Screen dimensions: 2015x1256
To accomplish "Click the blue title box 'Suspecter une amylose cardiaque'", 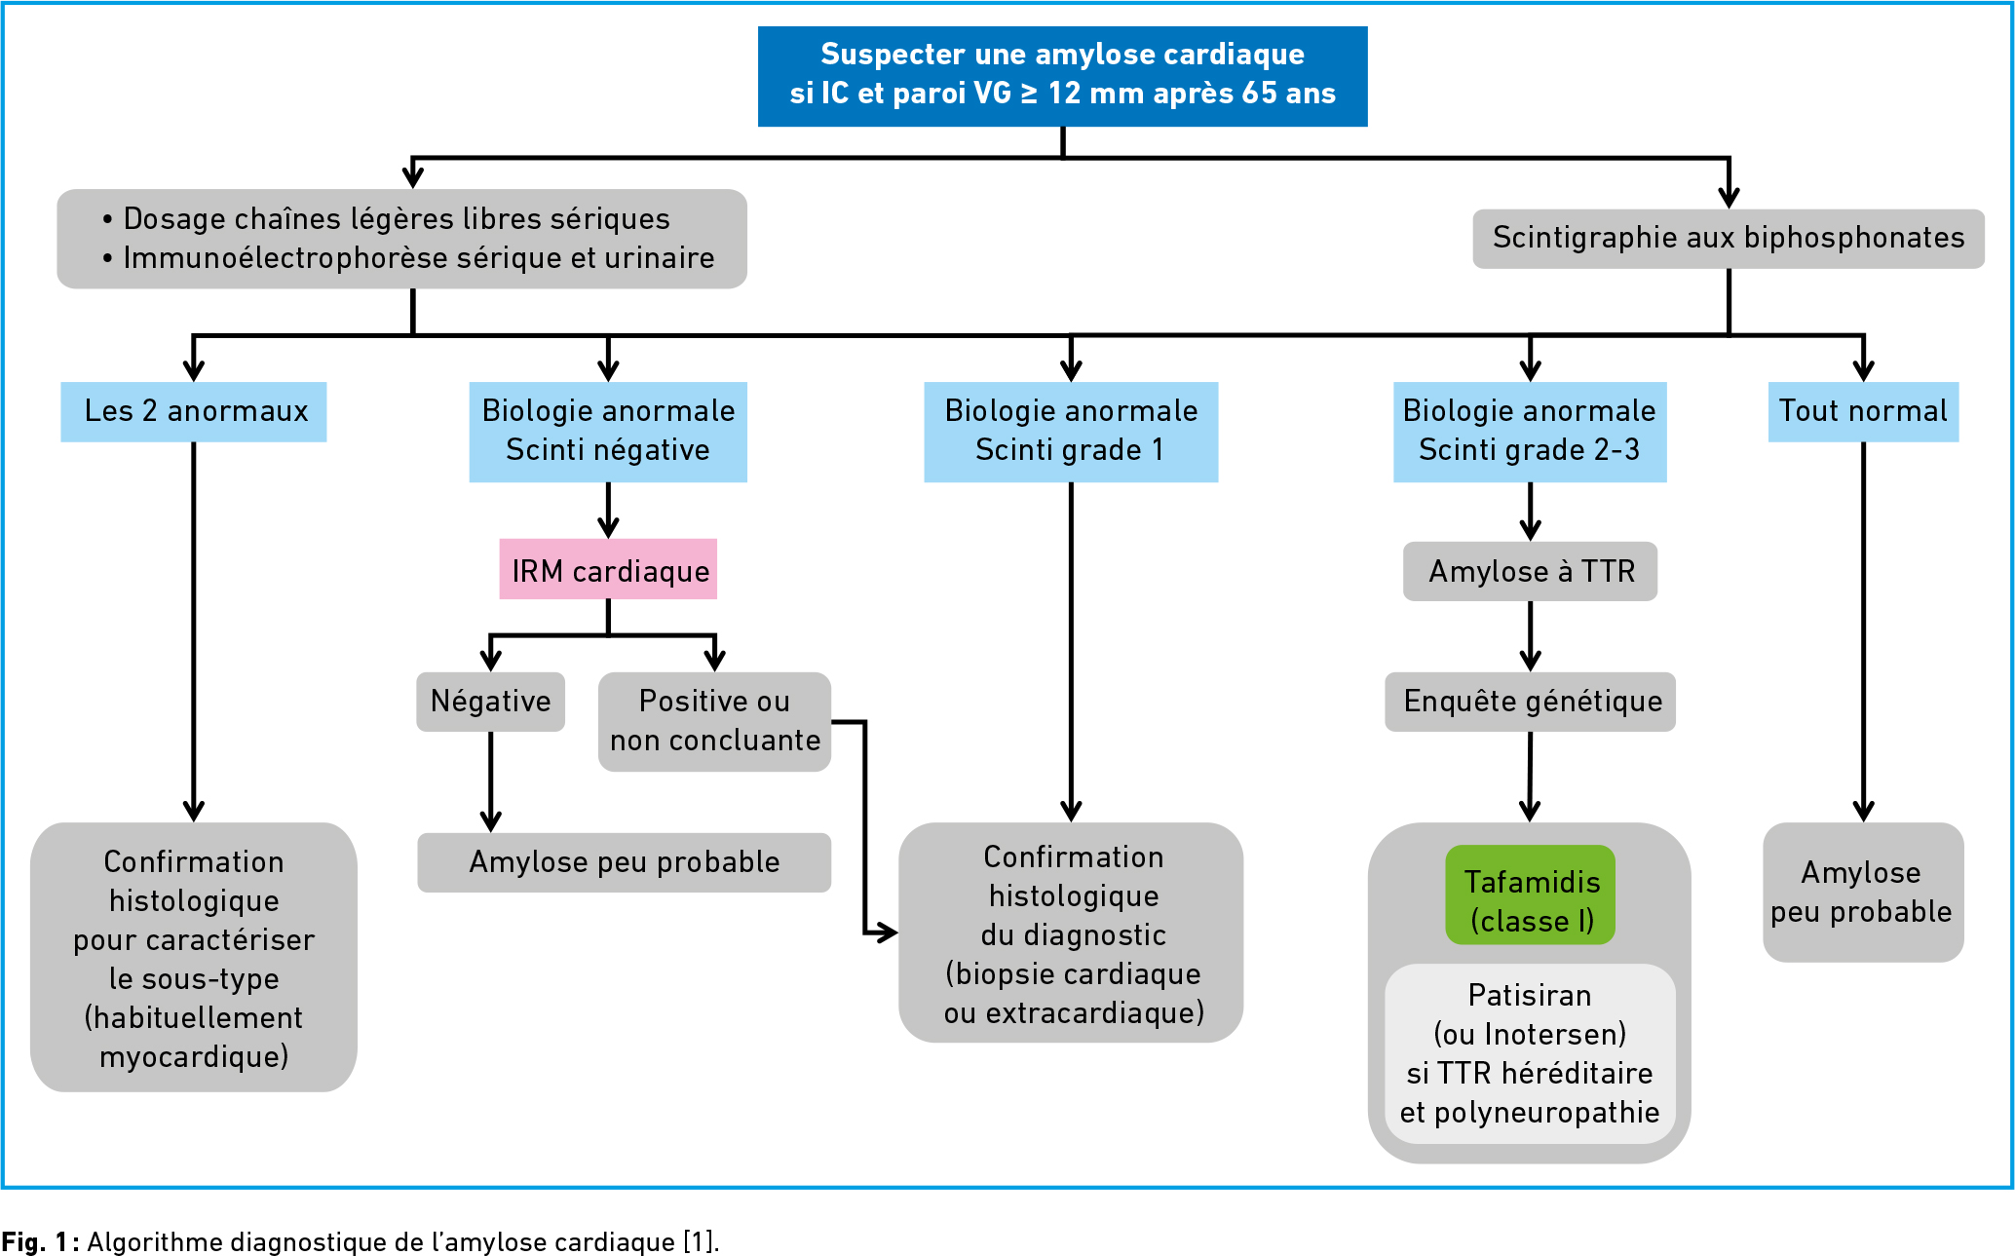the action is pyautogui.click(x=1062, y=76).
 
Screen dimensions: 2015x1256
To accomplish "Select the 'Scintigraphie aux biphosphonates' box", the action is pyautogui.click(x=1729, y=239).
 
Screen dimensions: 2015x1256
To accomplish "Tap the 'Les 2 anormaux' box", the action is pyautogui.click(x=194, y=411).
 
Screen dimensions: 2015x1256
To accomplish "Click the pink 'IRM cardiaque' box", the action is pyautogui.click(x=608, y=569).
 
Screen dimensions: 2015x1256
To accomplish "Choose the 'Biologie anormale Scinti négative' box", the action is pyautogui.click(x=608, y=432).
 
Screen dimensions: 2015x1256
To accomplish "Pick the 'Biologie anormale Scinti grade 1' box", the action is pyautogui.click(x=1071, y=432).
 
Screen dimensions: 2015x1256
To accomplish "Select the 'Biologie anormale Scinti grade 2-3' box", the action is pyautogui.click(x=1530, y=432).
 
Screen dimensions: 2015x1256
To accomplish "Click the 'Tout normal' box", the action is pyautogui.click(x=1863, y=411).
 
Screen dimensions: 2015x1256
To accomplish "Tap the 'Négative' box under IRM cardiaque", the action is pyautogui.click(x=490, y=702).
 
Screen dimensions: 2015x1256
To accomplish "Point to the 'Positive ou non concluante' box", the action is pyautogui.click(x=714, y=722).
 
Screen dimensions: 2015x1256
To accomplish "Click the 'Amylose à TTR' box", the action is pyautogui.click(x=1530, y=571).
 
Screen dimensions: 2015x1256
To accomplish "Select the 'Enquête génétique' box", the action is pyautogui.click(x=1531, y=702).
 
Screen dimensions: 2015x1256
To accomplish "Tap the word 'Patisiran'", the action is pyautogui.click(x=1530, y=995).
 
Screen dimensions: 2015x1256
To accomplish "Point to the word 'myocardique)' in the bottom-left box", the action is pyautogui.click(x=194, y=1057).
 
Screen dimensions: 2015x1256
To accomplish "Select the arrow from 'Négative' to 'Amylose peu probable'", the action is pyautogui.click(x=490, y=782).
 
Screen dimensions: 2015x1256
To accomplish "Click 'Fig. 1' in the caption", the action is pyautogui.click(x=37, y=1242).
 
